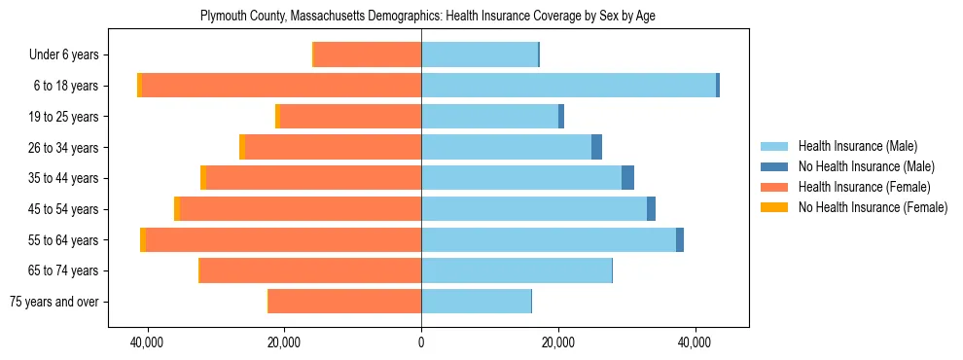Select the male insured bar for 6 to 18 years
(568, 86)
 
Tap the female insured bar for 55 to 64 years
(283, 239)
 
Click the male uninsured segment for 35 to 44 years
(627, 178)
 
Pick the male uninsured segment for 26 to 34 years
(596, 147)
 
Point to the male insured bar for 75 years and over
(476, 302)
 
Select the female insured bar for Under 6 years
(367, 54)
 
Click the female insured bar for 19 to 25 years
(350, 117)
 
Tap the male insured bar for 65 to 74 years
(516, 270)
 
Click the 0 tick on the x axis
(421, 342)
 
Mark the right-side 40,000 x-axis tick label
(695, 342)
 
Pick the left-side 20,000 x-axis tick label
(284, 342)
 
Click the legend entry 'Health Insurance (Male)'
(857, 146)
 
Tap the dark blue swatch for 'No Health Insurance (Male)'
(775, 166)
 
